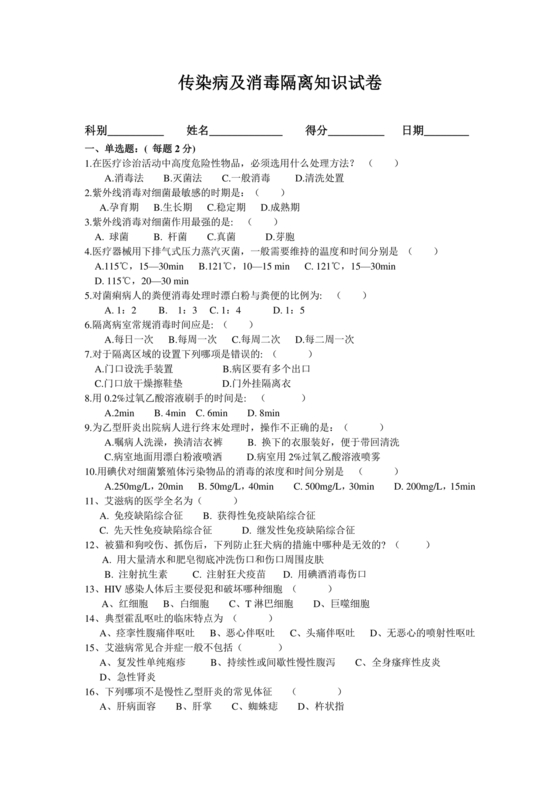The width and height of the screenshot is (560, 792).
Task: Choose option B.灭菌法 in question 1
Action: click(184, 177)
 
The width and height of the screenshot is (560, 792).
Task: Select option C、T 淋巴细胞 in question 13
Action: click(263, 605)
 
